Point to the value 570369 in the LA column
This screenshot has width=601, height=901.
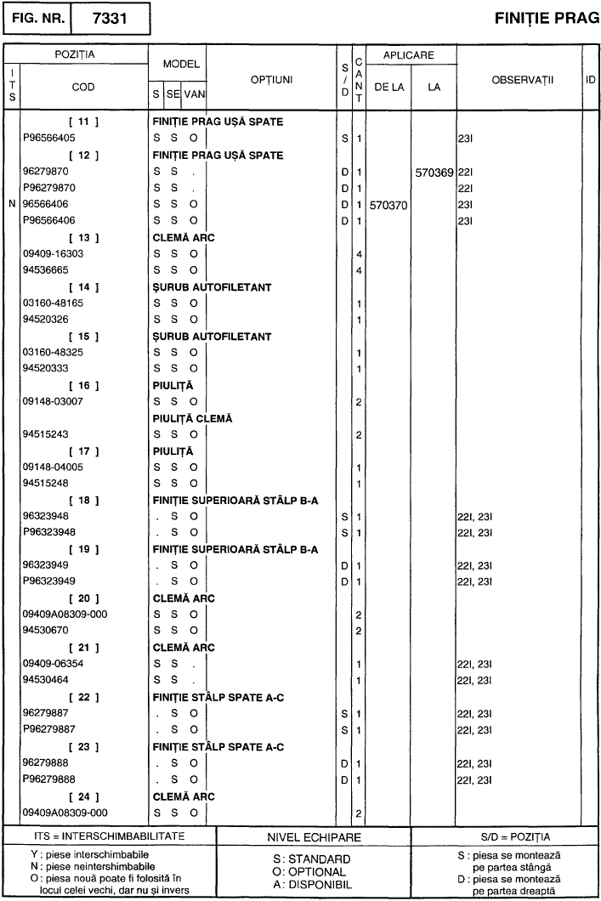434,172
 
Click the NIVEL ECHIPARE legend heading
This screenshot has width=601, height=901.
314,836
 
